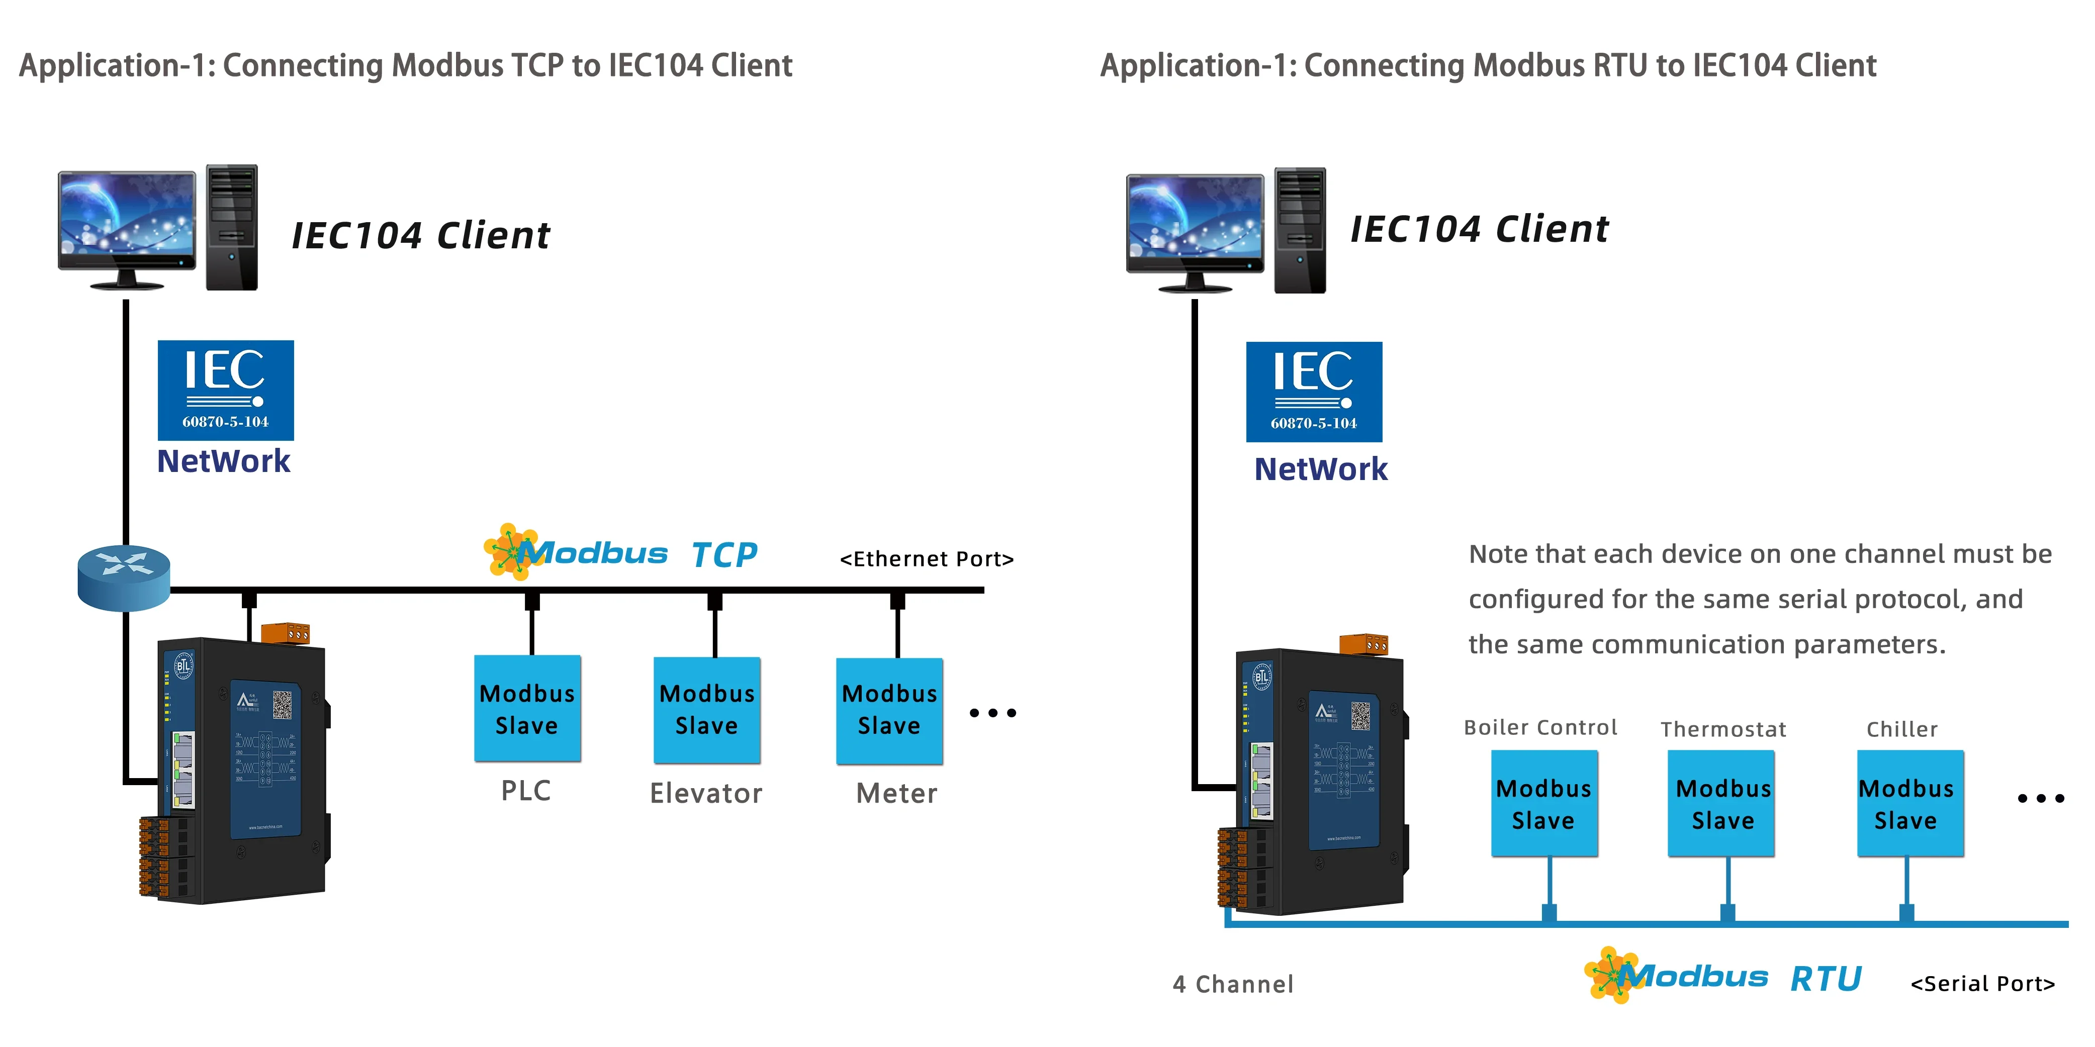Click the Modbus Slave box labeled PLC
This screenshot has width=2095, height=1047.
[527, 708]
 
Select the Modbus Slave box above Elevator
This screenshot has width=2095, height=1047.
[707, 710]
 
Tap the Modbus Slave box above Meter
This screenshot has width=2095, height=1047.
[889, 710]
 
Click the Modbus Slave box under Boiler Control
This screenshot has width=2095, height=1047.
[1543, 803]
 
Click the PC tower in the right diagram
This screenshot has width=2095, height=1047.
[1300, 230]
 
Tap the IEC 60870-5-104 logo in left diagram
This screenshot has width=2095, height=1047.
[225, 390]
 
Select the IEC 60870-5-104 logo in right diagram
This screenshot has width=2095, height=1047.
[1313, 392]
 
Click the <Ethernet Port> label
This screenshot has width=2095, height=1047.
[926, 559]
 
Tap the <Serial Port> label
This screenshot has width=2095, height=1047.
[1982, 984]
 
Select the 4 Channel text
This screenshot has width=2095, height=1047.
[1232, 984]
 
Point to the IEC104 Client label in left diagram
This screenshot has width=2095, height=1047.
[420, 236]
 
